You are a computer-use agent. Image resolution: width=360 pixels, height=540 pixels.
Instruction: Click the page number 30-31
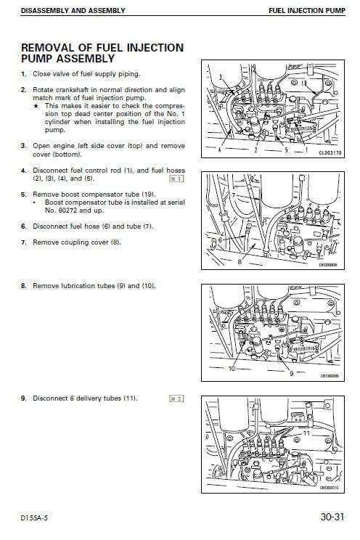(x=330, y=519)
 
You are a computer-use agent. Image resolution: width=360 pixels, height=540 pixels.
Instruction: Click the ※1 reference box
(x=176, y=178)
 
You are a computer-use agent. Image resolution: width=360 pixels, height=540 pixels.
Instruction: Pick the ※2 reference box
(x=176, y=398)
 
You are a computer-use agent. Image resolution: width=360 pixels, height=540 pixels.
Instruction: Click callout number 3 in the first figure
(x=220, y=76)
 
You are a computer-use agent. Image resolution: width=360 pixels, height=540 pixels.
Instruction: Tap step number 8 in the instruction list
(x=23, y=286)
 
